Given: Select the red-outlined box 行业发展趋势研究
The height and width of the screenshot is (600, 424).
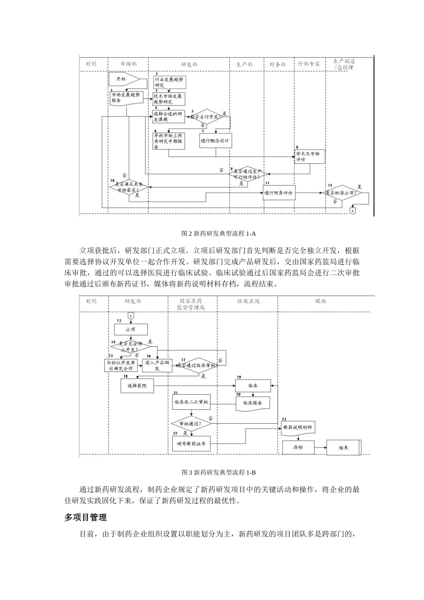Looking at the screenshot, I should click(x=170, y=82).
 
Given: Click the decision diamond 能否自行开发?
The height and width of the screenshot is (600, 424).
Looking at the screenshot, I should click(x=206, y=117).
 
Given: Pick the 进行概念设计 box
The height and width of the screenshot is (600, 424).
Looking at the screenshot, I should click(x=216, y=141).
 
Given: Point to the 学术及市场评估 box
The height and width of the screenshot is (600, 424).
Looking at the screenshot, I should click(x=309, y=156).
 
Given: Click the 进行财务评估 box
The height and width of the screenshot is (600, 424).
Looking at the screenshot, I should click(x=279, y=193).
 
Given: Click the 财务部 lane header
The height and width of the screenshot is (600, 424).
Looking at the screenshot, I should click(x=278, y=64).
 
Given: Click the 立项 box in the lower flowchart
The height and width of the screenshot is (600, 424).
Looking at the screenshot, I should click(x=131, y=329).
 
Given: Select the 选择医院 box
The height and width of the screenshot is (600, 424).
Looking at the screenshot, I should click(x=137, y=385).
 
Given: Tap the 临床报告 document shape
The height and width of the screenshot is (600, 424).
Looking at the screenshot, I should click(x=253, y=403).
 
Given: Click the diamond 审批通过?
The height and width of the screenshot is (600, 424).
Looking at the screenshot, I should click(x=191, y=423).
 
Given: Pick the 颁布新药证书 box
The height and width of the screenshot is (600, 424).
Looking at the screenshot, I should click(x=191, y=444).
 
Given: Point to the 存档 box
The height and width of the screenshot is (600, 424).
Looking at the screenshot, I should click(x=298, y=447).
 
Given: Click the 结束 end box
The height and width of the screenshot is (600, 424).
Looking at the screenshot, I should click(x=344, y=447).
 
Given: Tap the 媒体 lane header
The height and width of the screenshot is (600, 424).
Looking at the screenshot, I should click(x=320, y=301).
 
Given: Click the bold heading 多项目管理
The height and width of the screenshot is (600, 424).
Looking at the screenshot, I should click(x=85, y=517).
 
